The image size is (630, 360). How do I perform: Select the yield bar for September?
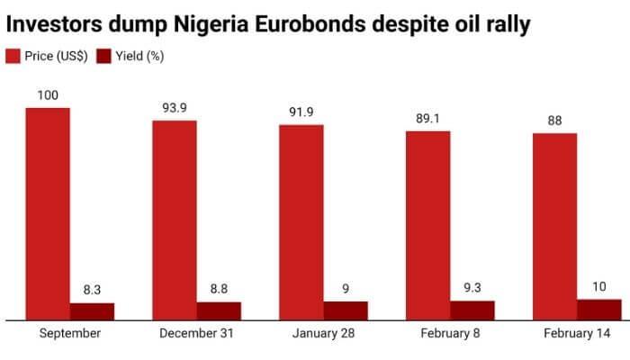[x=93, y=310]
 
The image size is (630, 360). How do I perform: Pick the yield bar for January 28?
[x=346, y=310]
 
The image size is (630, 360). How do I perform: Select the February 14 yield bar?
[x=599, y=309]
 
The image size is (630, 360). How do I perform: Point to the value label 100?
[x=48, y=94]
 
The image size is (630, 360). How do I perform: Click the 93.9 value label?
[x=175, y=107]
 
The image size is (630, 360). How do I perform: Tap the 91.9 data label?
[x=301, y=112]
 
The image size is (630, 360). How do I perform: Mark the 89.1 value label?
[x=427, y=118]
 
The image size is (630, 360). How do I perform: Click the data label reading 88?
[x=554, y=121]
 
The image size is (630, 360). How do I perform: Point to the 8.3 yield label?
[x=93, y=290]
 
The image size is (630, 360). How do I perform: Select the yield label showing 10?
[x=599, y=286]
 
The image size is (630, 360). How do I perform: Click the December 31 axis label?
[x=196, y=334]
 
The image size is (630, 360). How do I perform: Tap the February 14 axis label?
[x=576, y=334]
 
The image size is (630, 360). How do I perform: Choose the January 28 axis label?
[x=323, y=334]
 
